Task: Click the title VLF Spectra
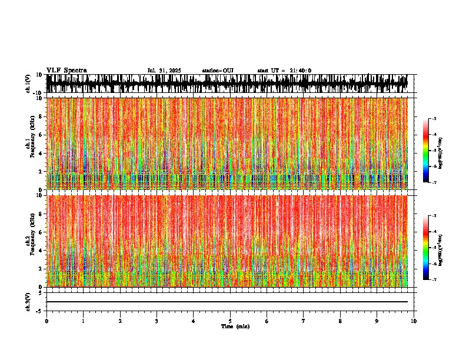pos(66,71)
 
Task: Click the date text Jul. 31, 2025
pos(164,71)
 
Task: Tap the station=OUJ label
pos(218,71)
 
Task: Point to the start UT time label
pos(284,71)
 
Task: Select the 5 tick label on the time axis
pos(230,321)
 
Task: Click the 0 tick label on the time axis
pos(46,321)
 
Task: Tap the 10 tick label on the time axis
pos(414,321)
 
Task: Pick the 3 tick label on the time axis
pos(157,321)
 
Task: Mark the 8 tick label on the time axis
pos(340,321)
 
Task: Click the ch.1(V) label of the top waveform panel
pos(28,84)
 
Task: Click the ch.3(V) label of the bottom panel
pos(28,301)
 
